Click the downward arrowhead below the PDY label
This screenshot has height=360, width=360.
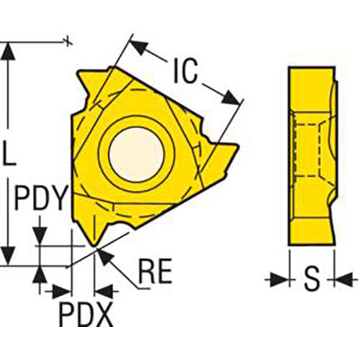pyautogui.click(x=41, y=235)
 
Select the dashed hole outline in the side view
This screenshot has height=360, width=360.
pyautogui.click(x=309, y=151)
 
